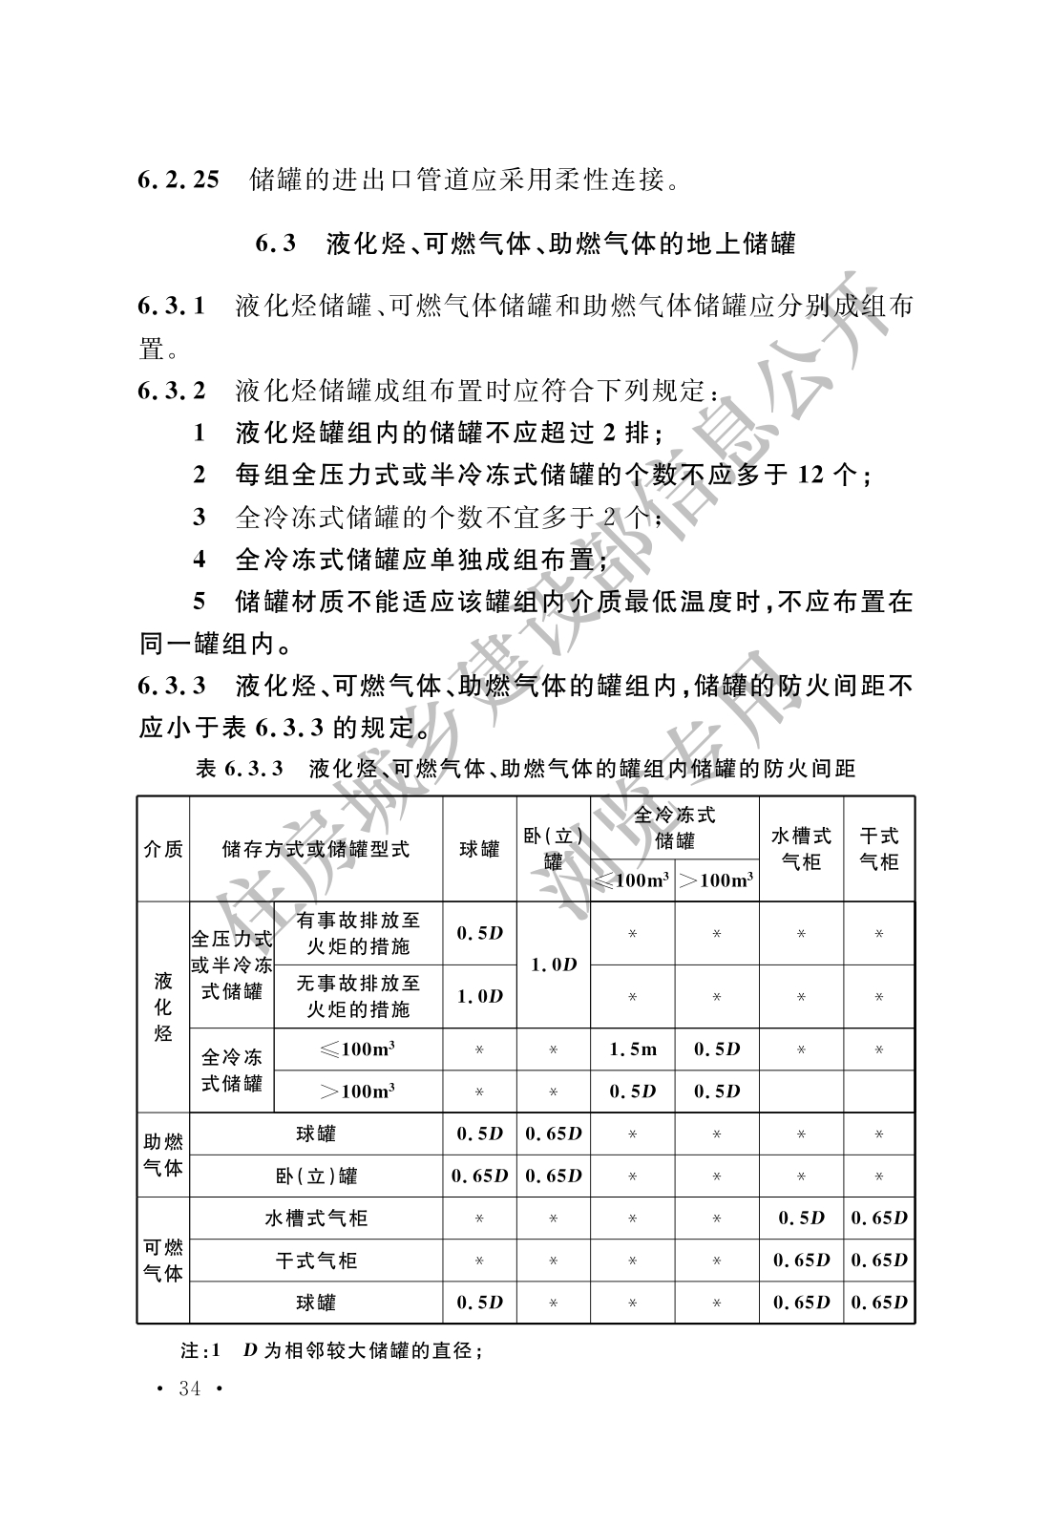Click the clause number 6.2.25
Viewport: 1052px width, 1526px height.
pyautogui.click(x=179, y=179)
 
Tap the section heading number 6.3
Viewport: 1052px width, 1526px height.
pyautogui.click(x=276, y=244)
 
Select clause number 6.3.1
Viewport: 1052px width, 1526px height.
pyautogui.click(x=172, y=307)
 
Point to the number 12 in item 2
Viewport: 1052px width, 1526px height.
pyautogui.click(x=810, y=475)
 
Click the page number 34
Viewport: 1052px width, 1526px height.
pyautogui.click(x=190, y=1388)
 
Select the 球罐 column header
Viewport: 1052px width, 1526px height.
pyautogui.click(x=479, y=849)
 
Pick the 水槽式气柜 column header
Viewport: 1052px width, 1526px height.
pyautogui.click(x=801, y=849)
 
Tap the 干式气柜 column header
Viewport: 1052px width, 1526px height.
pyautogui.click(x=879, y=849)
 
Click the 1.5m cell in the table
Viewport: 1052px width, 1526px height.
pyautogui.click(x=633, y=1049)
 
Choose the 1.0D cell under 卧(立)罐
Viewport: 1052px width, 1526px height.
pyautogui.click(x=554, y=964)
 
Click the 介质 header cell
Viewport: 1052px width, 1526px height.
pyautogui.click(x=163, y=849)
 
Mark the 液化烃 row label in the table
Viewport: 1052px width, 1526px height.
pyautogui.click(x=163, y=1007)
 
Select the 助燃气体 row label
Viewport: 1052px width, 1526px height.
pyautogui.click(x=163, y=1155)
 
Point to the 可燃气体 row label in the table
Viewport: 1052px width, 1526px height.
pyautogui.click(x=163, y=1261)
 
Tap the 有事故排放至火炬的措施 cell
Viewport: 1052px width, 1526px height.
pyautogui.click(x=358, y=933)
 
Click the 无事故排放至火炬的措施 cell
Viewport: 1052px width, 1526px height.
pyautogui.click(x=358, y=996)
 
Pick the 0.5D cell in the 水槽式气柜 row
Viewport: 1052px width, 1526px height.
pyautogui.click(x=801, y=1219)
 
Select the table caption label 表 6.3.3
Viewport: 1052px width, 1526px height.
pyautogui.click(x=240, y=769)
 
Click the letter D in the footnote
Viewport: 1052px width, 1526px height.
pyautogui.click(x=250, y=1351)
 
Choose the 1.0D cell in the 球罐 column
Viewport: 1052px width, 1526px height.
pyautogui.click(x=479, y=996)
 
